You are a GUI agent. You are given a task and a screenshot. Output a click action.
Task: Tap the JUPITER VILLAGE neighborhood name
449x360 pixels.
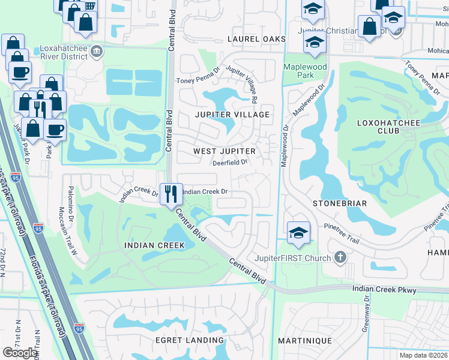pyautogui.click(x=231, y=114)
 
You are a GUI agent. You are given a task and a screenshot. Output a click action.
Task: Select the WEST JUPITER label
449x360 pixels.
pyautogui.click(x=224, y=151)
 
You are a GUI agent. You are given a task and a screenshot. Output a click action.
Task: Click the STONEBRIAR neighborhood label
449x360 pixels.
pyautogui.click(x=340, y=203)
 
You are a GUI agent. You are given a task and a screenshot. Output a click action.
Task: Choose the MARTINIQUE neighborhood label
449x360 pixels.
pyautogui.click(x=305, y=340)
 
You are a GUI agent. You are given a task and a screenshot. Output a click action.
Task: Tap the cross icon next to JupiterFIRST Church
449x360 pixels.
pyautogui.click(x=340, y=258)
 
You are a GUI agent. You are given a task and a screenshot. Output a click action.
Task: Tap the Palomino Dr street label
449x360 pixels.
pyautogui.click(x=70, y=204)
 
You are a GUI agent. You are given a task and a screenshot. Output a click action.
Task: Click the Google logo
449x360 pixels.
pyautogui.click(x=20, y=352)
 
